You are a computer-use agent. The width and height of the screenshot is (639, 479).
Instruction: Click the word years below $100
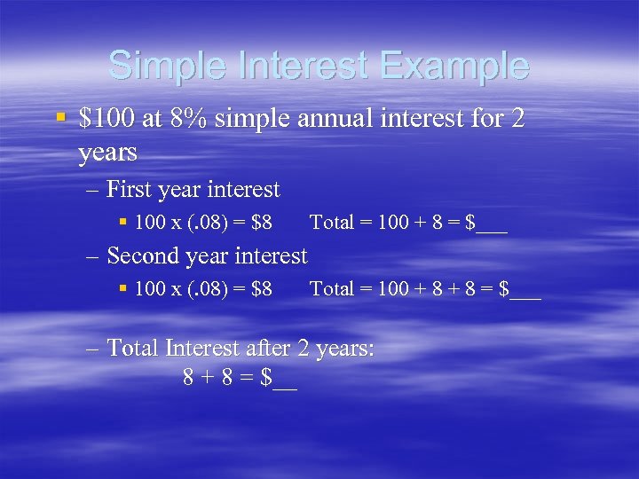click(x=107, y=153)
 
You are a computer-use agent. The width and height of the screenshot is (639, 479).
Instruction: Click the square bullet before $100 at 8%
click(x=59, y=117)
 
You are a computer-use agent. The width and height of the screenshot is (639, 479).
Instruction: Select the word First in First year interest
click(x=129, y=190)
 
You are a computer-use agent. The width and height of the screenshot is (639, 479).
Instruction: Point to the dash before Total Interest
click(x=93, y=348)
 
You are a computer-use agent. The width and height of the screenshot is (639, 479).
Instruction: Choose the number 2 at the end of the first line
click(x=517, y=118)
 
